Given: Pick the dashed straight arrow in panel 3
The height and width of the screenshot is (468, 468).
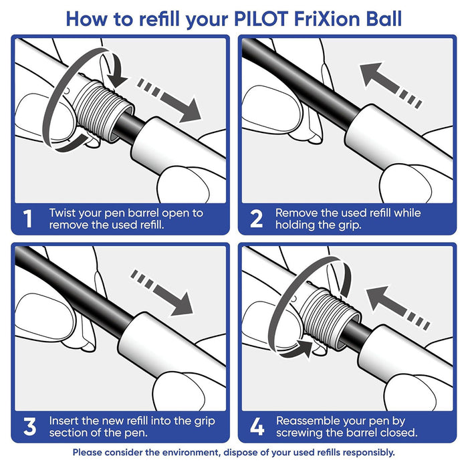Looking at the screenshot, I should coord(164,293).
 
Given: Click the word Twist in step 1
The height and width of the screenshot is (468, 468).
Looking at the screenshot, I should coord(64,213).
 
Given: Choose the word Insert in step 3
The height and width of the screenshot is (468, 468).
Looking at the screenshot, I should coord(65,421).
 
